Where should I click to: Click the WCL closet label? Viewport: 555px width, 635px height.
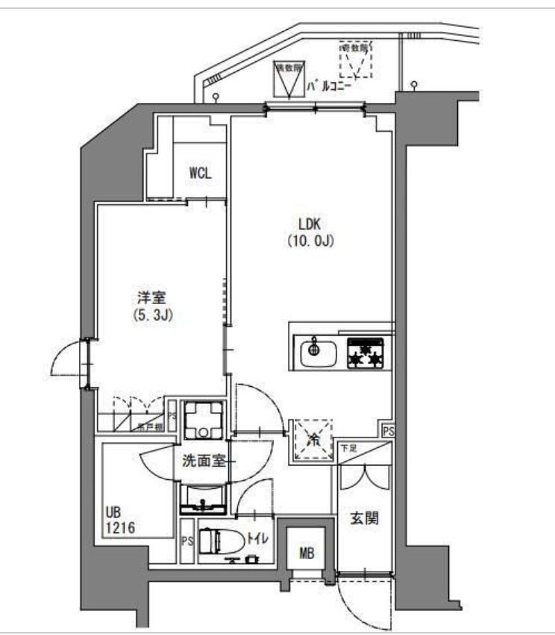tap(200, 173)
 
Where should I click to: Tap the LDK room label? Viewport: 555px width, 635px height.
tap(309, 224)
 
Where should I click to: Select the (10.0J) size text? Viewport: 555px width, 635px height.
tap(309, 241)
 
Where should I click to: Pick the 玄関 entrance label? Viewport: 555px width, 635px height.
tap(364, 518)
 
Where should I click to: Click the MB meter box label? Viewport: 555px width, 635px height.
tap(307, 552)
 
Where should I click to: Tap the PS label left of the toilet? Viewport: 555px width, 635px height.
tap(186, 542)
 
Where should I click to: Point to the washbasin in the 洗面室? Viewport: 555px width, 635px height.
tap(202, 497)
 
